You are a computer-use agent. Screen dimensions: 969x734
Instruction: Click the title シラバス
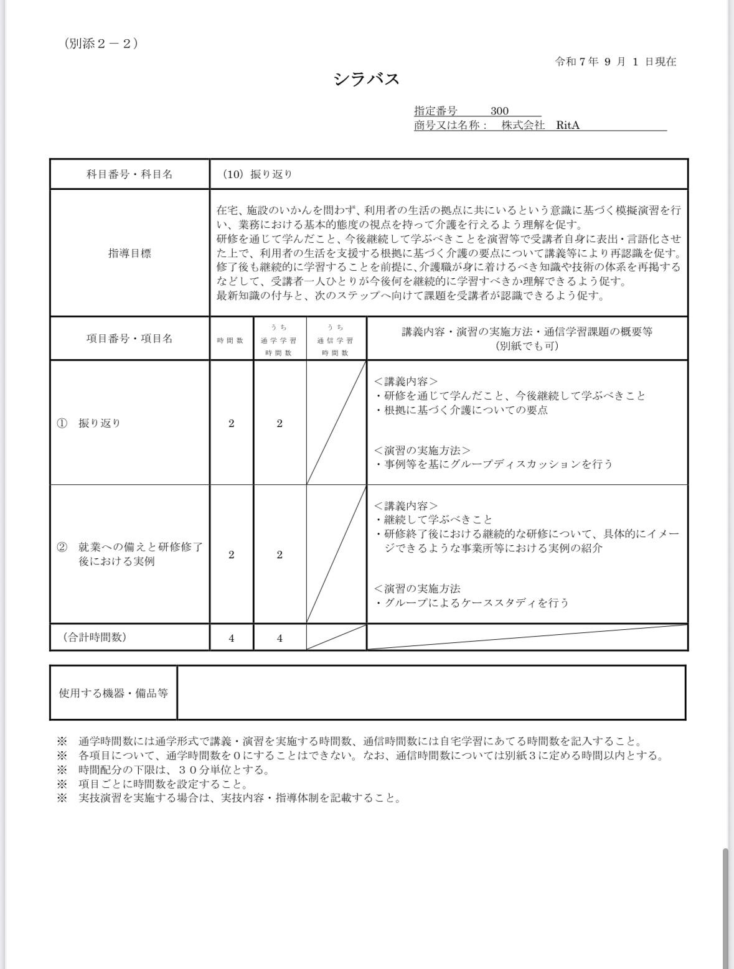tap(366, 79)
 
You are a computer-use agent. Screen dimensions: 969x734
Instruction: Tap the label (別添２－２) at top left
tap(100, 44)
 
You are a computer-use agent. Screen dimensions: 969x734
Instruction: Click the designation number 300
tap(499, 111)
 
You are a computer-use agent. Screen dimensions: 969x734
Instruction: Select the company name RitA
tap(568, 125)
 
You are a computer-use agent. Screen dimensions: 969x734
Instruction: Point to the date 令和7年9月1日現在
tap(615, 62)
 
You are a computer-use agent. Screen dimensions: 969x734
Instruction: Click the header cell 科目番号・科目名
tap(129, 174)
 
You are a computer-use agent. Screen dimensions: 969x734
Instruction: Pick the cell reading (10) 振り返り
tap(258, 174)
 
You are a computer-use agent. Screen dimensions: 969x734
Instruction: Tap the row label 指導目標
tap(129, 253)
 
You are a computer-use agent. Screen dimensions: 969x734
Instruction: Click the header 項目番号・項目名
tap(129, 339)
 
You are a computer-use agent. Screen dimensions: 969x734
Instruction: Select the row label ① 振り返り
tap(89, 423)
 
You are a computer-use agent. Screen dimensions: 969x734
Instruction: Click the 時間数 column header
tap(231, 340)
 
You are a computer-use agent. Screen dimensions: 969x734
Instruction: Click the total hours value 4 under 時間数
tap(232, 638)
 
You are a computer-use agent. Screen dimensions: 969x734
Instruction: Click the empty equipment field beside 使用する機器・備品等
tap(431, 693)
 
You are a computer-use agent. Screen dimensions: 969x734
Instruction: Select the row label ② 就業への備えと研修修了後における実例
tap(129, 554)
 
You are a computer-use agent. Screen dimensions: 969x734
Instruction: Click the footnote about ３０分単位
tap(174, 770)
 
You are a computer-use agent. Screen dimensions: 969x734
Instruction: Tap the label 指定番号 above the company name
tap(436, 111)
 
